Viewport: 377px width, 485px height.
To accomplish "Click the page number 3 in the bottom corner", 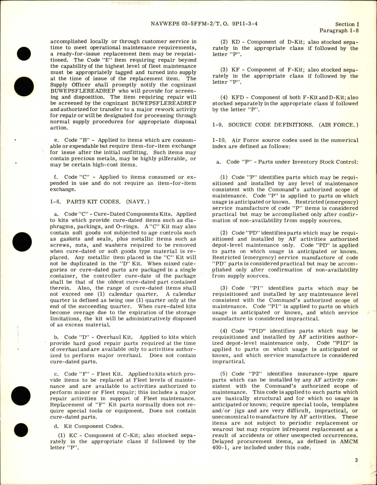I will [x=356, y=468].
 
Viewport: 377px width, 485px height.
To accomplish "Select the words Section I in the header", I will [x=347, y=24].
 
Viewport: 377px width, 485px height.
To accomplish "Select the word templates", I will [x=345, y=405].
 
